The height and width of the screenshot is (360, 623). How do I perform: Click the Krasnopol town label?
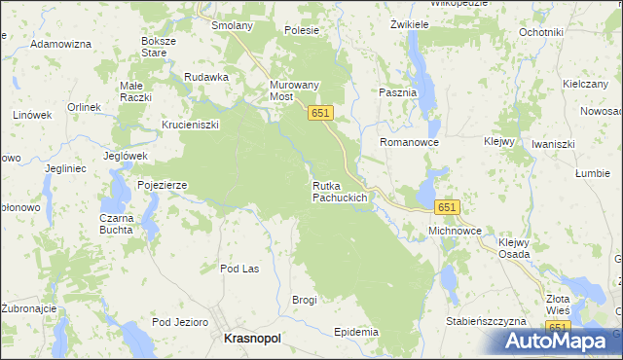coord(252,338)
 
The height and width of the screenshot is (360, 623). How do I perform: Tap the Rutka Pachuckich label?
coord(340,192)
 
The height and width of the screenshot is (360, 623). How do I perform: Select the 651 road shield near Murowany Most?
coord(322,114)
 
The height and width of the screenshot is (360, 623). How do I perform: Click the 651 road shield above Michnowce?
coord(447,207)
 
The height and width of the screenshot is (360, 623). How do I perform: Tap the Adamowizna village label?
coord(60,45)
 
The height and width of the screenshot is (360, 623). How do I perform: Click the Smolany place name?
coord(232,25)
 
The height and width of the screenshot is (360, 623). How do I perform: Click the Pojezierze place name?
coord(162,184)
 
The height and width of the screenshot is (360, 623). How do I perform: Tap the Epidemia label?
coord(355,332)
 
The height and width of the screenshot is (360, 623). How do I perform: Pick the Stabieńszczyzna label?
coord(485,320)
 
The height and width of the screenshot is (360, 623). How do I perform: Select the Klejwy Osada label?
coord(514,248)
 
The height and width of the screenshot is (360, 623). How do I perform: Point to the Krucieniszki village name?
coord(191,125)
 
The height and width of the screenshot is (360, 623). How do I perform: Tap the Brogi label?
coord(305,300)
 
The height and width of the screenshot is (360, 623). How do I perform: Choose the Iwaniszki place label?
coord(554,144)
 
